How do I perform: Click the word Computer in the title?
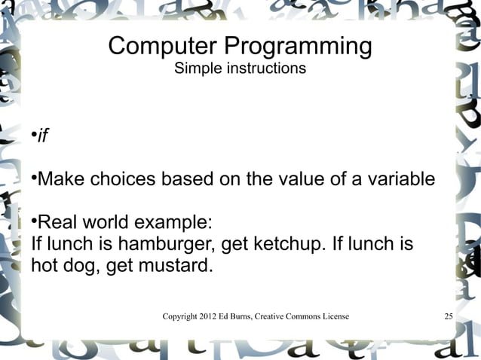[153, 47]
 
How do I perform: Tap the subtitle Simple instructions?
[240, 69]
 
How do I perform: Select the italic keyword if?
[43, 136]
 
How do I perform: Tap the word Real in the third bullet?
[57, 224]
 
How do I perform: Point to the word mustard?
[178, 266]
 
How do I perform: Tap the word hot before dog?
[45, 266]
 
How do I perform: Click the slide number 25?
[448, 316]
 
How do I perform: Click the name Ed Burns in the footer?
[248, 316]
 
